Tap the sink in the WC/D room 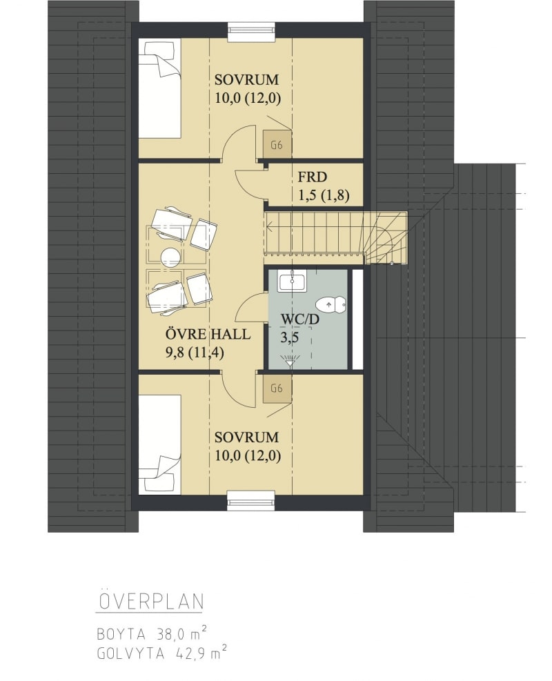(293, 281)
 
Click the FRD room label (313, 177)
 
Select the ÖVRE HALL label (208, 334)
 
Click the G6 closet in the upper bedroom (277, 145)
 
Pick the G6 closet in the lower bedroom (277, 388)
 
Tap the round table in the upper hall (170, 257)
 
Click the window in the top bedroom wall (251, 32)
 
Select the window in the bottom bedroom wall (251, 500)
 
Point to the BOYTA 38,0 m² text (152, 635)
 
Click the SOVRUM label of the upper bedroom (246, 80)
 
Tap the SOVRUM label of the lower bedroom (246, 437)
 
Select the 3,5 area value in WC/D (289, 338)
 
